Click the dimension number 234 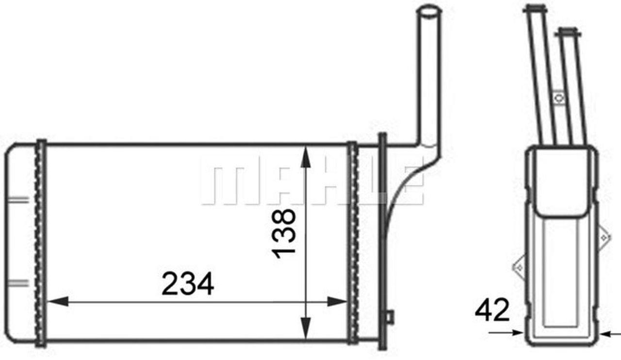tap(187, 285)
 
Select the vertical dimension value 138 tap(284, 233)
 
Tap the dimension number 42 tap(492, 311)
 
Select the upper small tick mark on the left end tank tap(18, 199)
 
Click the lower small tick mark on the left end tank tap(18, 281)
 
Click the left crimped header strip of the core tap(41, 243)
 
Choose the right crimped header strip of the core tap(353, 243)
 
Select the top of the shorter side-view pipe tap(569, 32)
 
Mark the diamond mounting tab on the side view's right tap(603, 237)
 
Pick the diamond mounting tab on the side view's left tap(519, 266)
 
